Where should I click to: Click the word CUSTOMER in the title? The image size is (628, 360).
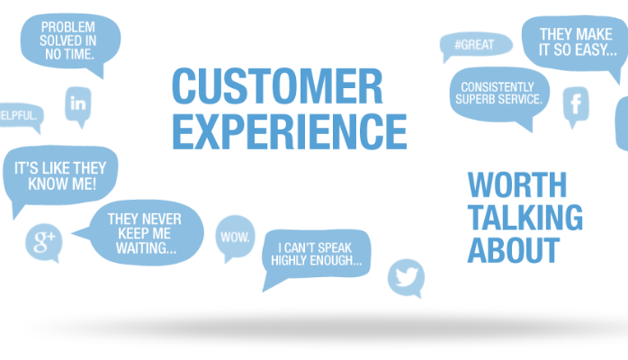(277, 85)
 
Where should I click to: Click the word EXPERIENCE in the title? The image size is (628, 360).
(290, 131)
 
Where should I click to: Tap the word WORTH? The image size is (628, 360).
(517, 184)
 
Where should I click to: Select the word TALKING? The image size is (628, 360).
(525, 218)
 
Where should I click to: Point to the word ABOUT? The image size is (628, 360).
(514, 250)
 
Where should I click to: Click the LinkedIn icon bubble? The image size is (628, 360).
(78, 106)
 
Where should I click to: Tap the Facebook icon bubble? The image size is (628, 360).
(576, 106)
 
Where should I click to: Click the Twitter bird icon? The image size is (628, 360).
(406, 278)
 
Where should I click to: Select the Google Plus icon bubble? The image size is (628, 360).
(44, 243)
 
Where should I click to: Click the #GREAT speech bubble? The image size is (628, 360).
(475, 46)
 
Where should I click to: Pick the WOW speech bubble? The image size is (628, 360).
(235, 238)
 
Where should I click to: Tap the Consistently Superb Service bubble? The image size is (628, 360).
(499, 97)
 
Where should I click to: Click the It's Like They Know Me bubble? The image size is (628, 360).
(60, 178)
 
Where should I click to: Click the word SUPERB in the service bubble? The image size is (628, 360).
(474, 100)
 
